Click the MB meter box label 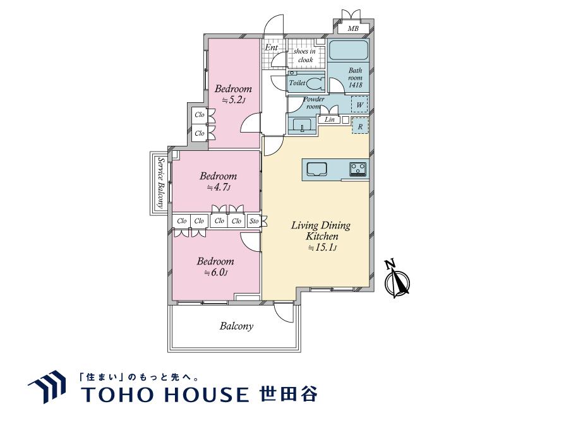coord(353,28)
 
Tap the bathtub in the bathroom coord(347,51)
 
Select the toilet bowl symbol coord(316,83)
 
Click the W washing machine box coord(359,104)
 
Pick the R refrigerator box coord(359,126)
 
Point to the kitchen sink coord(316,168)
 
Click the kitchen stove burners coord(358,168)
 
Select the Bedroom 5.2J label coord(232,94)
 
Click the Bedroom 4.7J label coord(218,181)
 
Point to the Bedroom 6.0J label coord(215,266)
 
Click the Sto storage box coord(254,221)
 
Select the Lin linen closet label coord(329,119)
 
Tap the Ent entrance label coord(272,47)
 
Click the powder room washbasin coord(303,127)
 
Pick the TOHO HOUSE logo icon coord(47,386)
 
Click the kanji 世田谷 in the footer coord(289,393)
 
